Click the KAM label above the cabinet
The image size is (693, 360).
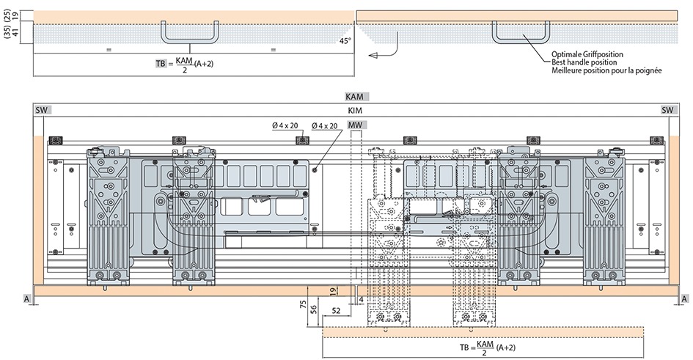click(x=356, y=97)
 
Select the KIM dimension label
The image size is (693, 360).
click(x=356, y=110)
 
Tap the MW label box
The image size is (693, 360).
click(x=355, y=125)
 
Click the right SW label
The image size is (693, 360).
click(x=667, y=110)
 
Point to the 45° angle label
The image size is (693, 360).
click(x=345, y=41)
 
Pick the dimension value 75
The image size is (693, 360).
click(x=303, y=306)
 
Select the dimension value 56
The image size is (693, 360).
click(x=314, y=309)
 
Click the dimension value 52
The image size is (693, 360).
click(x=336, y=312)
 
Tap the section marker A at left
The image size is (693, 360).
click(x=26, y=299)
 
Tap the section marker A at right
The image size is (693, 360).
click(x=683, y=299)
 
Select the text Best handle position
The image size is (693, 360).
click(x=584, y=62)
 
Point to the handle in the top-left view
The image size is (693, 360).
click(x=191, y=34)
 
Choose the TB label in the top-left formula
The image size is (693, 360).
click(x=161, y=65)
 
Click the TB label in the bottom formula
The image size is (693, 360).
click(x=464, y=348)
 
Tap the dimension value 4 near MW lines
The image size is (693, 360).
click(x=362, y=300)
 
